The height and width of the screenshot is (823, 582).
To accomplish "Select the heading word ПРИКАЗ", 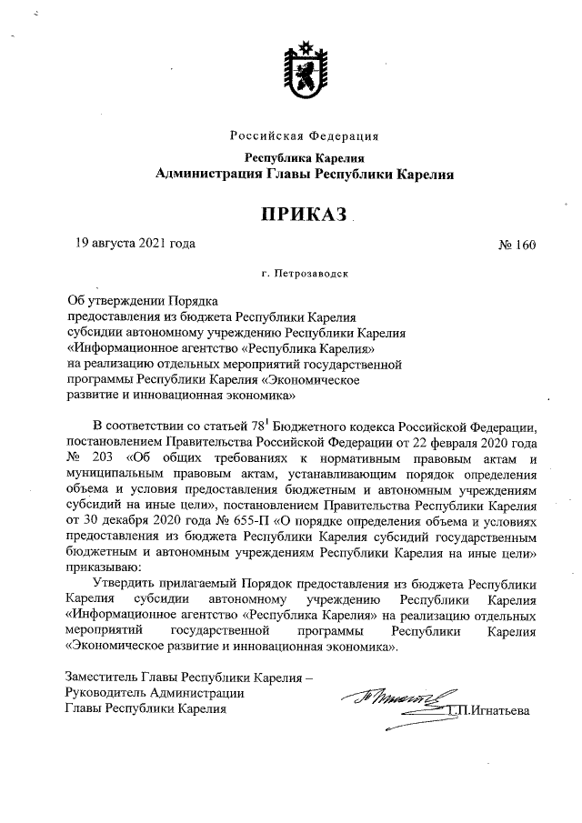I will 304,214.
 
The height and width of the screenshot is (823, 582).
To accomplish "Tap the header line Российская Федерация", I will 304,136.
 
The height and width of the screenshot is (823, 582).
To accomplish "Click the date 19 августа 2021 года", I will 135,243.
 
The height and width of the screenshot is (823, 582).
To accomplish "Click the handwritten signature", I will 391,700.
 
